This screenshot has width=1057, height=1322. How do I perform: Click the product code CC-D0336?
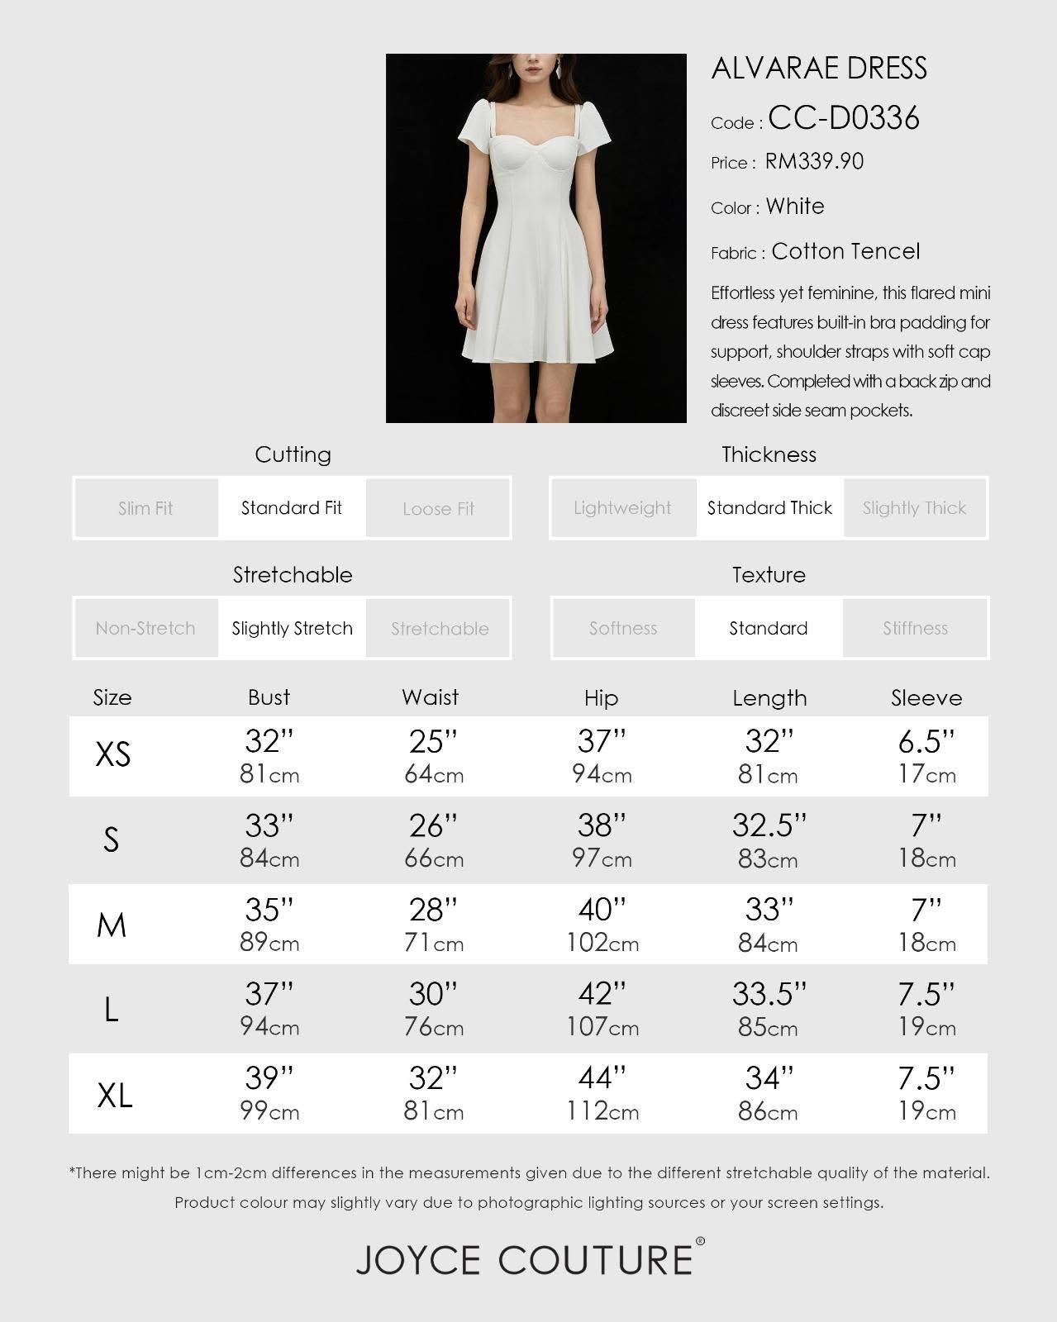coord(843,119)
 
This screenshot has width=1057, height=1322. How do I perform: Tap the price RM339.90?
coord(814,161)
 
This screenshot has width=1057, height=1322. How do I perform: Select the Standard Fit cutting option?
coord(292,508)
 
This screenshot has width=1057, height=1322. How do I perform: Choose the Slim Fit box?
coord(145,508)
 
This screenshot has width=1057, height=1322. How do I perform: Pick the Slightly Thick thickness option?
coord(914,508)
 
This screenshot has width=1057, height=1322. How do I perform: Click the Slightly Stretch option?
coord(292,629)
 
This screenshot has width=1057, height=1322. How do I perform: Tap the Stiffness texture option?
coord(915,629)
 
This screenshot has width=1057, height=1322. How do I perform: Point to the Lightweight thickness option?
coord(622,508)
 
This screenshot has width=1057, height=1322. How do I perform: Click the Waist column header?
coord(430,697)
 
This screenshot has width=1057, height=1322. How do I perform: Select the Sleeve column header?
coord(926,698)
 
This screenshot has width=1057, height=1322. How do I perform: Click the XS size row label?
coord(113,754)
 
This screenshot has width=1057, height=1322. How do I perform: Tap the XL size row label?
coord(114,1096)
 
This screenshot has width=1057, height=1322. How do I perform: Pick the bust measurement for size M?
coord(269,925)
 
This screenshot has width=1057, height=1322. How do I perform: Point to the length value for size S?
coord(769,840)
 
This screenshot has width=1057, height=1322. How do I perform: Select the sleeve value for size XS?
coord(926,756)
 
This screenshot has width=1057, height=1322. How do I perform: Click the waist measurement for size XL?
coord(433,1093)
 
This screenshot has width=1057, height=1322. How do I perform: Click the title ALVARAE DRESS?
coord(818,69)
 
